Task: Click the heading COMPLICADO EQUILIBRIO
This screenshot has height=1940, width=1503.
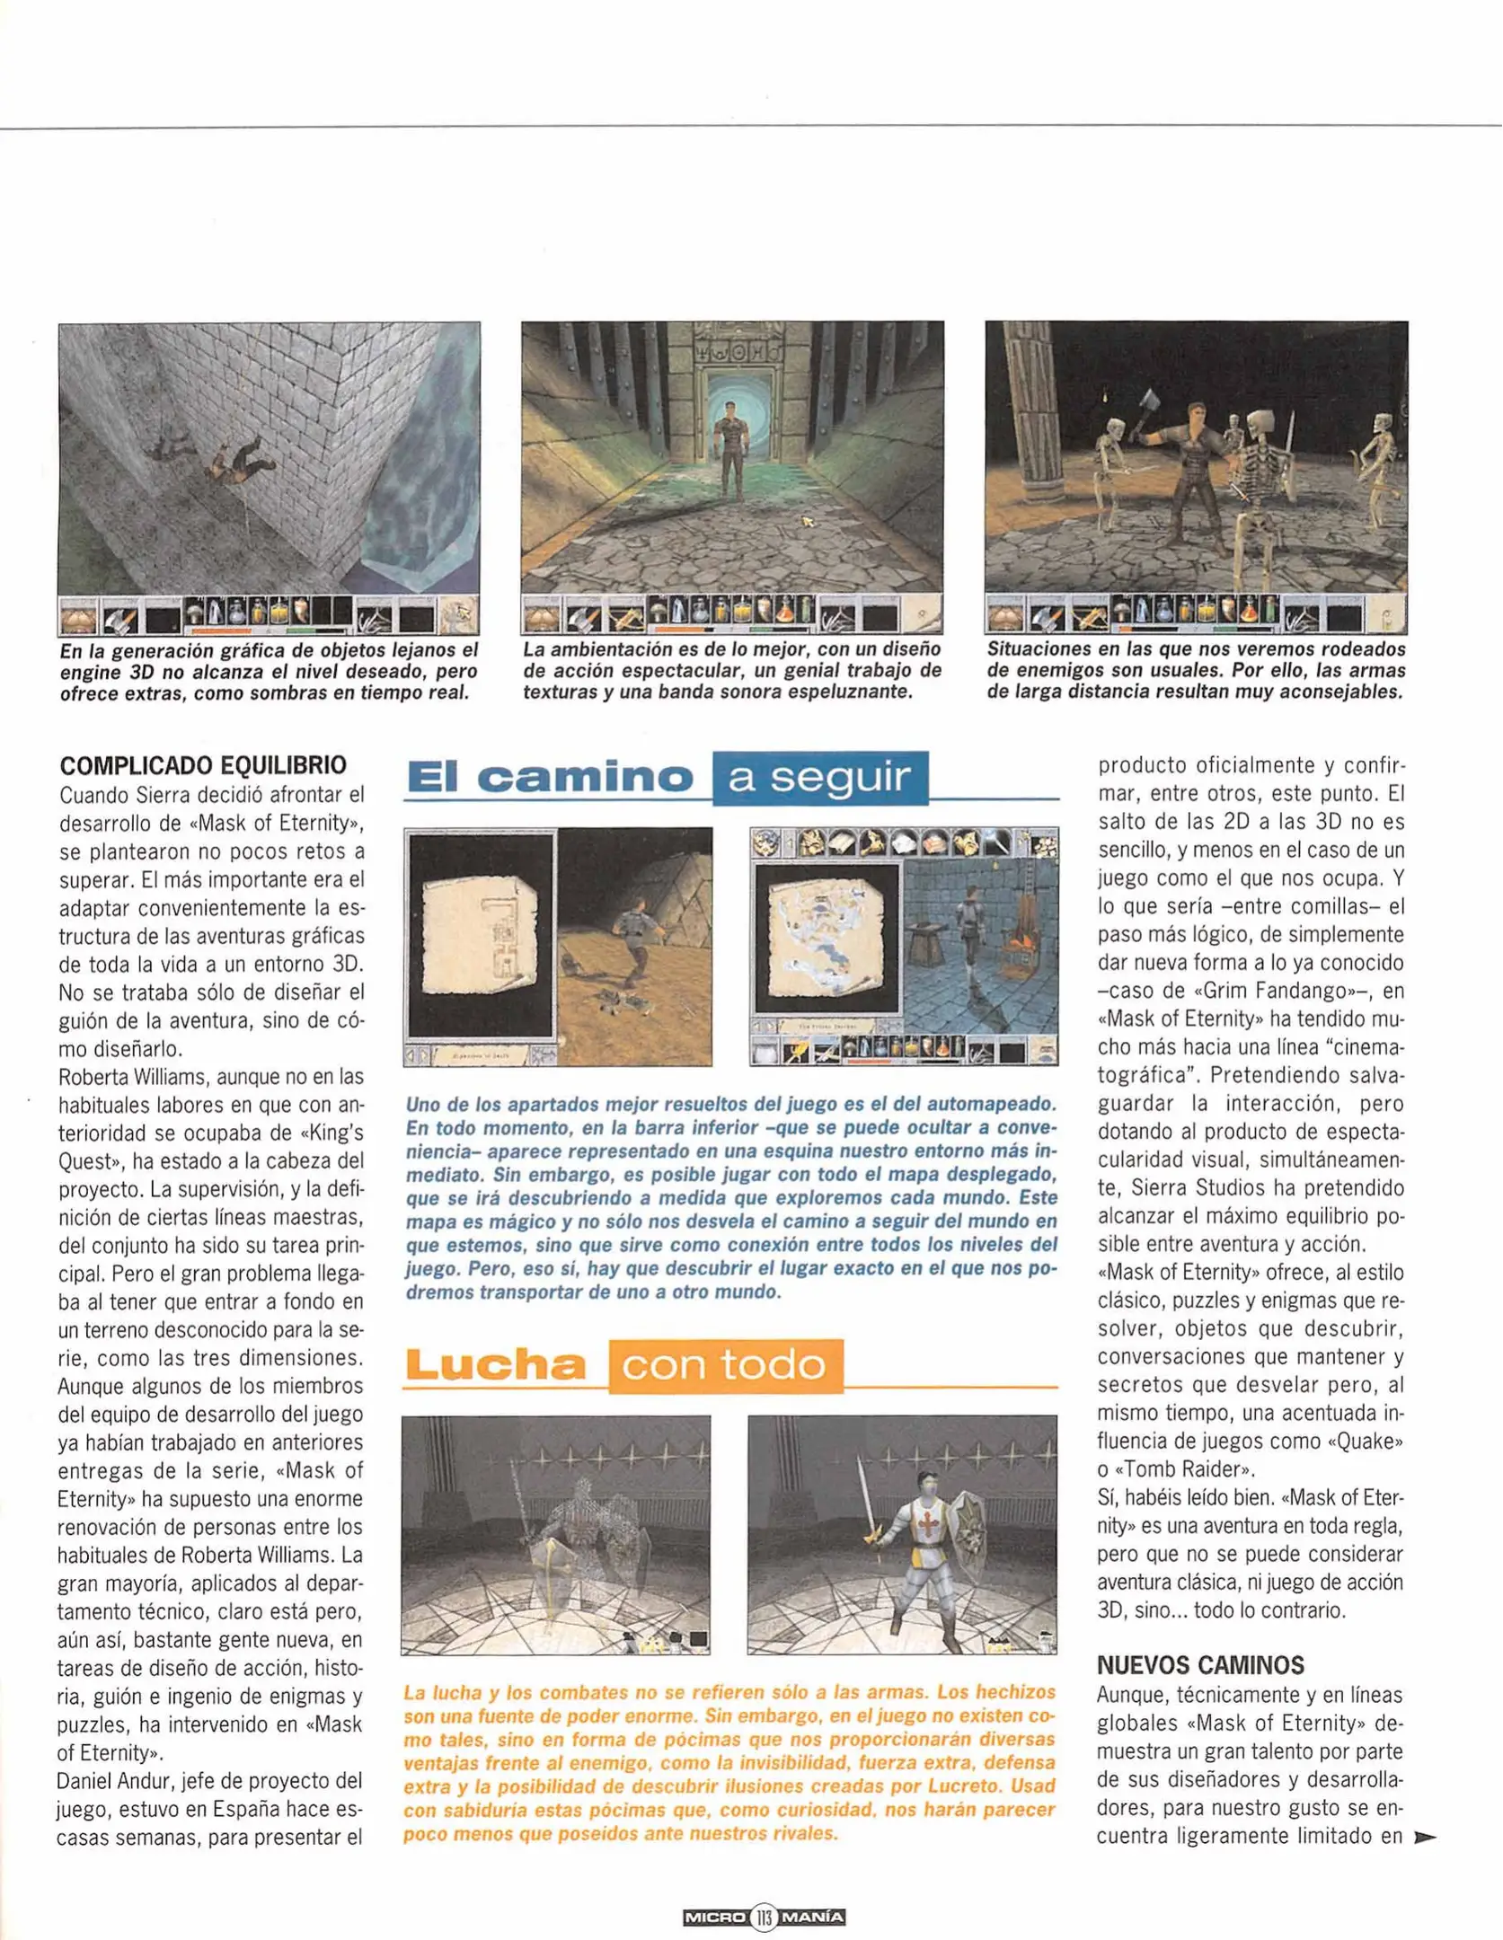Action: pos(203,765)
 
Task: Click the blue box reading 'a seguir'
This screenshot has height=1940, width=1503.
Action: pos(819,778)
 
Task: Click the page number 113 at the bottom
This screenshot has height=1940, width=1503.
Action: pos(764,1917)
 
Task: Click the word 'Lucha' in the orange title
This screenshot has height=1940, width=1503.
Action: pos(496,1365)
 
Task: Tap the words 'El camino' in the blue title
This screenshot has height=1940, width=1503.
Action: pos(550,778)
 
